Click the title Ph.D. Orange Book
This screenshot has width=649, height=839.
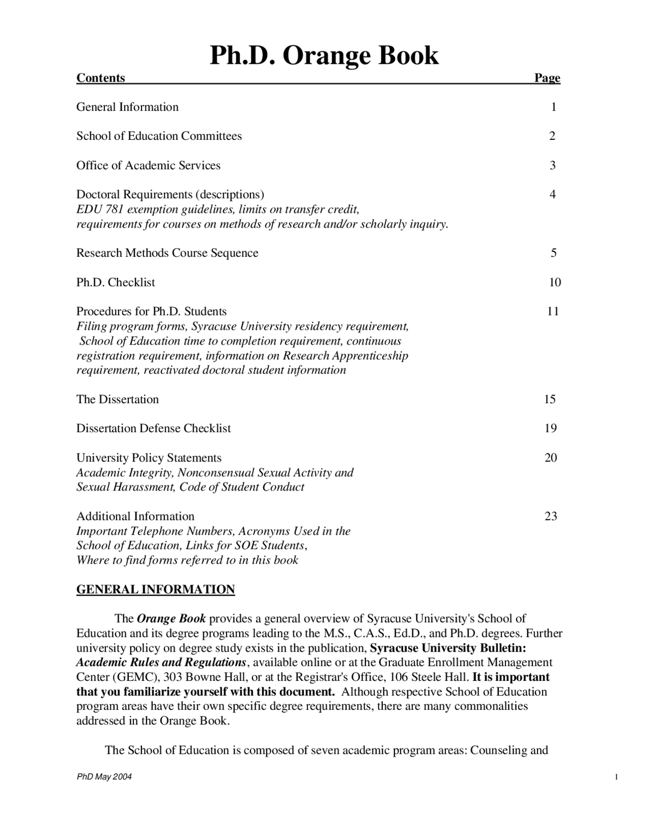tap(324, 55)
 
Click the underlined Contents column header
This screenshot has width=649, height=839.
tap(100, 78)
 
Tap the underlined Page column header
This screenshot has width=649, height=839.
tap(547, 78)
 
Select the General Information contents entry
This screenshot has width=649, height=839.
tap(127, 107)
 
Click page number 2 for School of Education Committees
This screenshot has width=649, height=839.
tap(552, 136)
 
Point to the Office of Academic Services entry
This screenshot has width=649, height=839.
tap(148, 165)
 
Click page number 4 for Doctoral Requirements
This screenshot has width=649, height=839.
tap(552, 195)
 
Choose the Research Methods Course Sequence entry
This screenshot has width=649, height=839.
tap(167, 253)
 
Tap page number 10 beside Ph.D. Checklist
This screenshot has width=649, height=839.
tap(555, 282)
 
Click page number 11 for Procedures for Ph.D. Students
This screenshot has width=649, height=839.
tap(553, 311)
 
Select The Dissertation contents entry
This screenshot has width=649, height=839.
tap(117, 399)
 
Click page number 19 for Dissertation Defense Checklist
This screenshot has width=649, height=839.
tap(550, 429)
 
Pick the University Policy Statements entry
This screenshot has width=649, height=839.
tap(149, 458)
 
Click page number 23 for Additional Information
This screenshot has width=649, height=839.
tap(551, 516)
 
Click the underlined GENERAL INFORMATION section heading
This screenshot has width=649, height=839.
tap(155, 589)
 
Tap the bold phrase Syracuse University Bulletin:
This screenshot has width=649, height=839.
tap(448, 648)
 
